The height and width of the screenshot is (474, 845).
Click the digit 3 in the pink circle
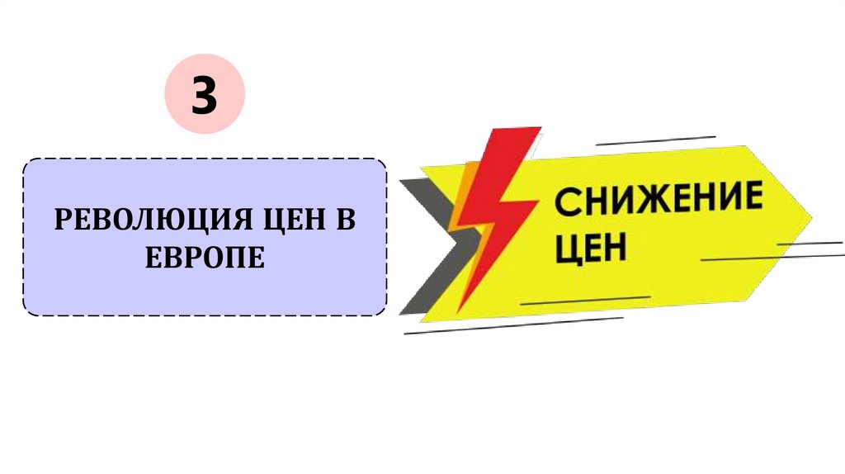(205, 96)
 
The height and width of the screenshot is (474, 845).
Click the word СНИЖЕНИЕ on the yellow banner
(658, 201)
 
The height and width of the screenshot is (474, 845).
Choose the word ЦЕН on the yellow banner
(590, 247)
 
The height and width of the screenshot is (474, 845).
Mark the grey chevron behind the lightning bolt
(429, 248)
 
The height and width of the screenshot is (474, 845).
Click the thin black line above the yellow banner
(655, 140)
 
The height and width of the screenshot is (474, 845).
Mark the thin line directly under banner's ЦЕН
(586, 301)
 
